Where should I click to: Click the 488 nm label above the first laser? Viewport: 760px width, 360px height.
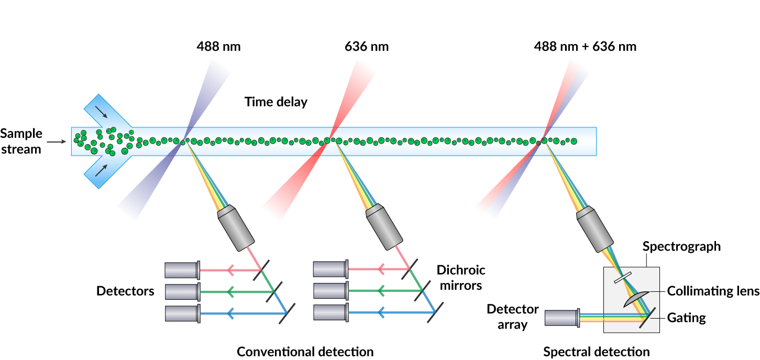coord(218,46)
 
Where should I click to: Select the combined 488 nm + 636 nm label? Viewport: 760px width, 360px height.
coord(585,46)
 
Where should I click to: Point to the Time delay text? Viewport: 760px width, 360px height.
coord(276,102)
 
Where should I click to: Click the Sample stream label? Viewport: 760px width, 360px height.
coord(21,141)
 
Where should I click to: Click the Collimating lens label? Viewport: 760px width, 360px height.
coord(713,291)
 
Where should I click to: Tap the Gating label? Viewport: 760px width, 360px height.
coord(686,318)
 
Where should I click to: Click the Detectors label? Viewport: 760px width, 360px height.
coord(125,291)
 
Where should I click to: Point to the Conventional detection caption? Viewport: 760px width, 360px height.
coord(305,352)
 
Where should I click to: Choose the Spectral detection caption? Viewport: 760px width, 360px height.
coord(596,352)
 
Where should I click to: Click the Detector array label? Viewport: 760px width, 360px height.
coord(512,317)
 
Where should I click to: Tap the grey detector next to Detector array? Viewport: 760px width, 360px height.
coord(561,318)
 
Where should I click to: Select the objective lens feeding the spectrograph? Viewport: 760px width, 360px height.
coord(596,230)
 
